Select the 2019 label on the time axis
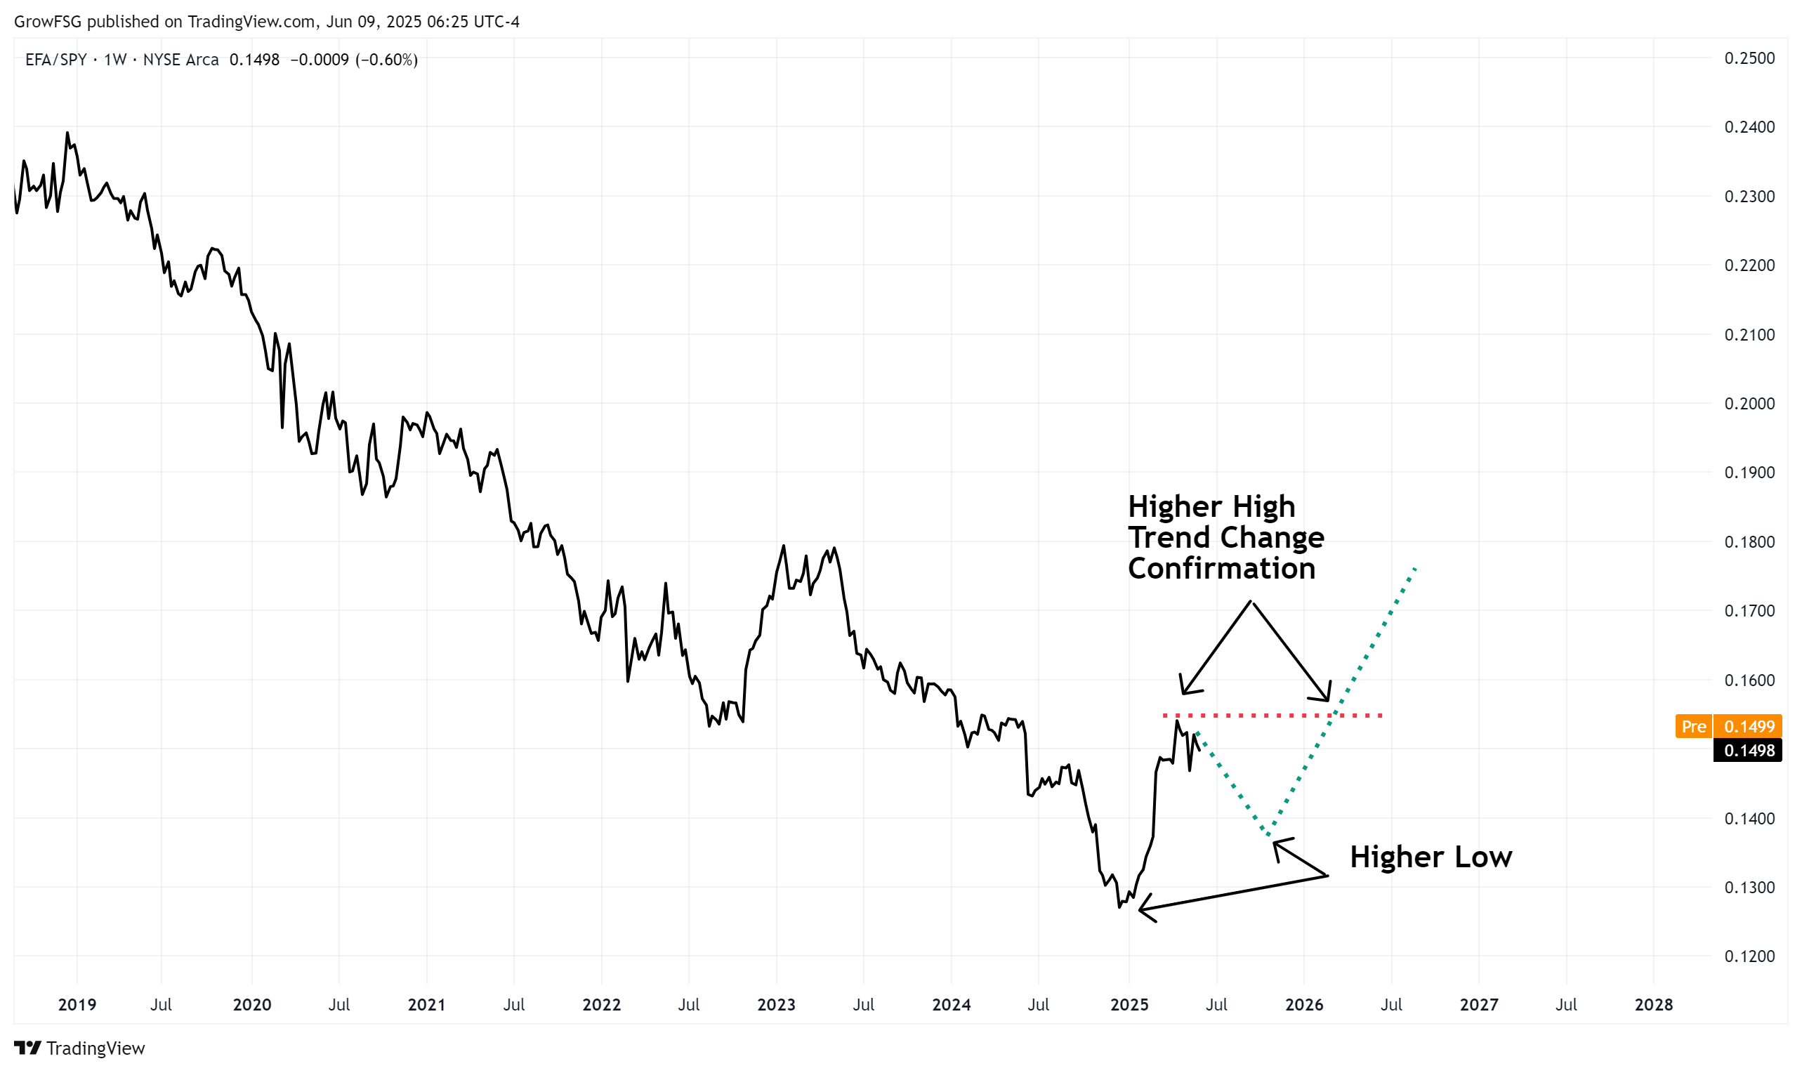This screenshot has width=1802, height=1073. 77,1004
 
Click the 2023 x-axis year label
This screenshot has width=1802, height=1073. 776,1004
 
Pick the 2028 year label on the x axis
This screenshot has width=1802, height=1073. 1653,1004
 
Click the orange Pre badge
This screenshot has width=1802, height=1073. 1694,727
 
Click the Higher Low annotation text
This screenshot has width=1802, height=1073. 1431,857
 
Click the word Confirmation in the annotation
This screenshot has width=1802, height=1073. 1221,568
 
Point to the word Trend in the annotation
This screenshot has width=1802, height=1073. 1169,537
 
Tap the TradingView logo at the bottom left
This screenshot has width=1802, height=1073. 79,1048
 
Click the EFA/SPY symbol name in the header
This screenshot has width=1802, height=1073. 55,60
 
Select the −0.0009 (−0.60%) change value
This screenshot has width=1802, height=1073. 354,60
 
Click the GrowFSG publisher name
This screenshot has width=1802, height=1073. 48,22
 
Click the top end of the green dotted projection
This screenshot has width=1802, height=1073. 1415,568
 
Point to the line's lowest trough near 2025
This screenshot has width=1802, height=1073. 1119,907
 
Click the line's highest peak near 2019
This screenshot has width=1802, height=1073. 67,133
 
